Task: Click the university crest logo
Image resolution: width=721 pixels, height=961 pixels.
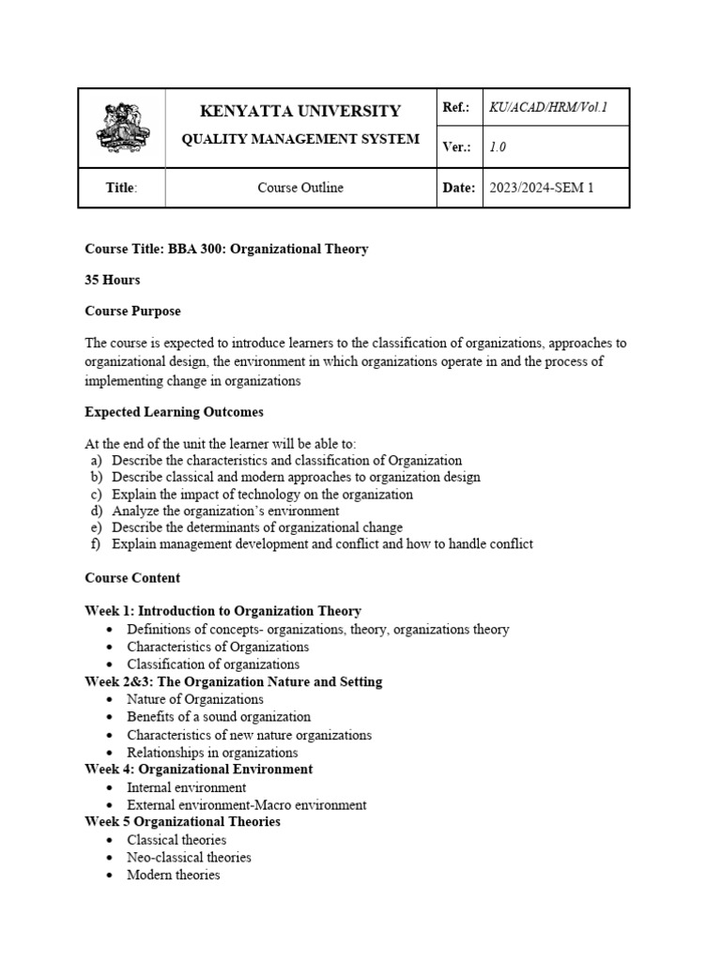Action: point(121,130)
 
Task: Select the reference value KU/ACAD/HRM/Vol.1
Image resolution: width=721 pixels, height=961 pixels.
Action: point(548,108)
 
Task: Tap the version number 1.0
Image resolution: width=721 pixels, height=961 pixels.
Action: point(498,147)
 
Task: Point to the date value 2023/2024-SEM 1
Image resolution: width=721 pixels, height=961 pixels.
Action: point(542,188)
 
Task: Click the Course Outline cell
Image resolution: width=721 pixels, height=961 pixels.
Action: point(300,188)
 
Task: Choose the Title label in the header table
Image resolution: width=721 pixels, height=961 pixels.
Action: point(121,188)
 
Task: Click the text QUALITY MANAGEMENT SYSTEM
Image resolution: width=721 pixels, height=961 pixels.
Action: point(300,140)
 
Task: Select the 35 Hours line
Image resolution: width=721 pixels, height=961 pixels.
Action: point(113,280)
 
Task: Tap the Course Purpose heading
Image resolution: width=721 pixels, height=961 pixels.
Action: point(132,311)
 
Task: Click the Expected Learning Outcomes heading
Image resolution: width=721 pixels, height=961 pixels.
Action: point(174,412)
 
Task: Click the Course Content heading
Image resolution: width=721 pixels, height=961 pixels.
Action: point(132,578)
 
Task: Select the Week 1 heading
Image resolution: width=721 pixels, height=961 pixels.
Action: point(222,611)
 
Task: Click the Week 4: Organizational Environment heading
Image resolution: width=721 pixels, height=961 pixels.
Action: point(198,770)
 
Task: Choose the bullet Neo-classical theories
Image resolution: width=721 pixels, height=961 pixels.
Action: point(189,857)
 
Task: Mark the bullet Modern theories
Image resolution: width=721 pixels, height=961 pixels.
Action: point(174,875)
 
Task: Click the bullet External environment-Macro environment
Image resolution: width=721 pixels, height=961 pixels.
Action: point(247,805)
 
